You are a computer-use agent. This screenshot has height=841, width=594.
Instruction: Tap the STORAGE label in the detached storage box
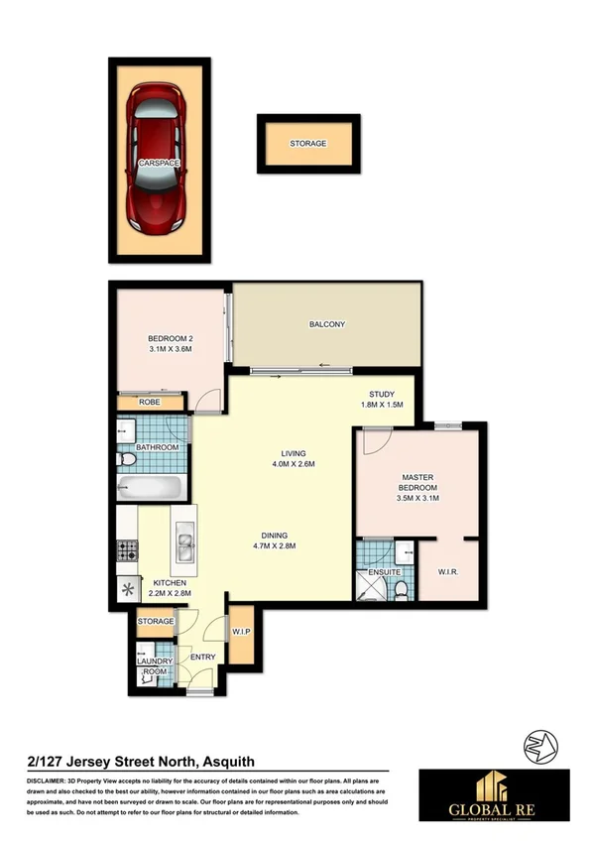coord(307,144)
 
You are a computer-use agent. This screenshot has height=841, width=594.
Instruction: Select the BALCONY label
coord(327,324)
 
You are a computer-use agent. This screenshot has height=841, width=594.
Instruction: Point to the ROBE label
coord(150,402)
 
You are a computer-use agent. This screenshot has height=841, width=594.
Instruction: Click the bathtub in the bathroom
coord(150,488)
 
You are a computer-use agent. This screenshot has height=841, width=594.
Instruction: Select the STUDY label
coord(382,394)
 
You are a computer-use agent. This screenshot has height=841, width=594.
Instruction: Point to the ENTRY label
coord(202,657)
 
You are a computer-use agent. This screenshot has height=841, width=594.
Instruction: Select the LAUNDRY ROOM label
coord(156,665)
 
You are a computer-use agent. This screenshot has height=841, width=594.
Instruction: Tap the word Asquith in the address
coord(229,761)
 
